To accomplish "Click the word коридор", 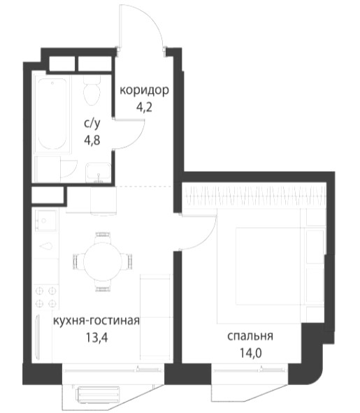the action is point(144,91).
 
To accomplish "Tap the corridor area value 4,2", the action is point(144,107).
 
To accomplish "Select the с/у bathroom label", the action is point(92,124).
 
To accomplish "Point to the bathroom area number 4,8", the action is point(92,140).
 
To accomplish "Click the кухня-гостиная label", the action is point(96,321).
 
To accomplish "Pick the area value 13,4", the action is point(96,337).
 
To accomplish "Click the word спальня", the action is point(250,336).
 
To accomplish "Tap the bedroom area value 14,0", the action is point(250,353).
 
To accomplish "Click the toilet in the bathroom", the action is point(92,90).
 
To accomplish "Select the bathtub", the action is point(52,114).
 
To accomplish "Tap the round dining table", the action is point(103,261).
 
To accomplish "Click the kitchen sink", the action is point(45,220).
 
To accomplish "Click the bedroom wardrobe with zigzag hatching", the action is point(254,197).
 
